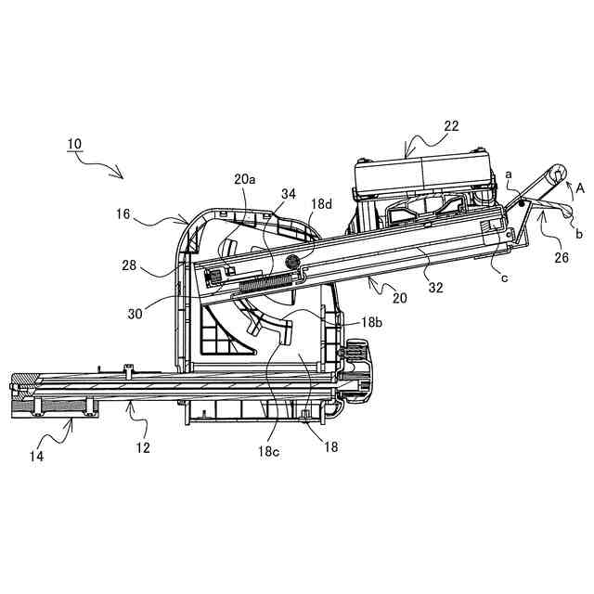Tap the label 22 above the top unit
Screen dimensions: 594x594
coord(451,126)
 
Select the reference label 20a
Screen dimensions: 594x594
coord(245,178)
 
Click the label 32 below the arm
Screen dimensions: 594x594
coord(436,287)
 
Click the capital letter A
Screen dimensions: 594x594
coord(579,187)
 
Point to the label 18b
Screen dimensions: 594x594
coord(371,322)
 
